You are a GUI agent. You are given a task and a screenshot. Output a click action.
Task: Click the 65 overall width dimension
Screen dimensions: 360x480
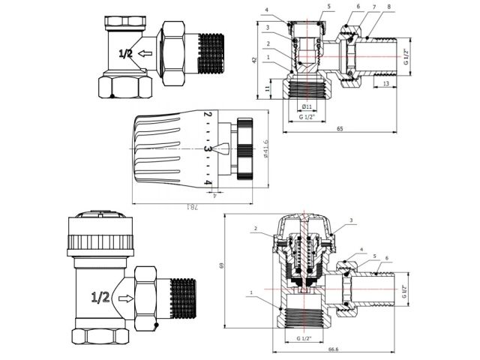pyautogui.click(x=339, y=130)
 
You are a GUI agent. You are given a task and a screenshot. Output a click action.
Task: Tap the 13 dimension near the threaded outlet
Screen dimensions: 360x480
pyautogui.click(x=385, y=85)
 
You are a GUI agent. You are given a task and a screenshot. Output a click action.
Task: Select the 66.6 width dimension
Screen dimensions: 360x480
pyautogui.click(x=333, y=349)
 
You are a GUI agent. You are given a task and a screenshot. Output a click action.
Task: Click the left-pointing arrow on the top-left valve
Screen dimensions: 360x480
pyautogui.click(x=148, y=53)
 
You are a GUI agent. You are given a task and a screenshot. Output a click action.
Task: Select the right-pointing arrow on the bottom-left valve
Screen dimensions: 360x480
pyautogui.click(x=127, y=297)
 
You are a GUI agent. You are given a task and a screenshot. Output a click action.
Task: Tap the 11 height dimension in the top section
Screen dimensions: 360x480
pyautogui.click(x=268, y=88)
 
